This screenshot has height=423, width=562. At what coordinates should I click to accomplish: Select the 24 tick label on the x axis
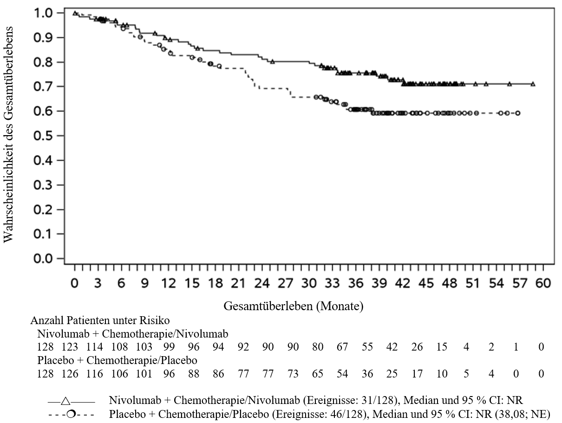(x=262, y=283)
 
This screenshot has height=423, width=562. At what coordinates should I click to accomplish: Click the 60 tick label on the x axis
(x=543, y=283)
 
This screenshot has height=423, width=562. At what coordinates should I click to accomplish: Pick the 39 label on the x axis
(x=379, y=283)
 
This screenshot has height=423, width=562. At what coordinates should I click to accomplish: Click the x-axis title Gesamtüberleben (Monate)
(x=294, y=306)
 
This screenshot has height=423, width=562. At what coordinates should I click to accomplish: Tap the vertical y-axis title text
(x=8, y=134)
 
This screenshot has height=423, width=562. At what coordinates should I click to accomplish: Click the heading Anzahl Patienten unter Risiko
(x=100, y=320)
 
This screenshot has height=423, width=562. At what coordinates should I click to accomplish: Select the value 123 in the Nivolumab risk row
(x=70, y=347)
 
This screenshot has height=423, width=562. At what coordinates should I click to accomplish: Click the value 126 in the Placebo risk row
(x=70, y=374)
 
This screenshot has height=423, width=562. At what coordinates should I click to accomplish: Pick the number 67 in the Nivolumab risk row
(x=342, y=347)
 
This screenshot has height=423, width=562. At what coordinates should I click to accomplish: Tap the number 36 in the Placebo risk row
(x=367, y=374)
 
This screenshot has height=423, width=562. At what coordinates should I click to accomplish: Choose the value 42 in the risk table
(x=392, y=347)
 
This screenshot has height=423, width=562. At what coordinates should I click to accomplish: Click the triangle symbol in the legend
(x=66, y=401)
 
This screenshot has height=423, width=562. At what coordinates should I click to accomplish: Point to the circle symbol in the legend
(x=71, y=414)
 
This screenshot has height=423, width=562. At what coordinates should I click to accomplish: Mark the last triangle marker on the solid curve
(x=533, y=84)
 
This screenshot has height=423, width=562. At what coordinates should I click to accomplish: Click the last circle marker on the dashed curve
(x=518, y=113)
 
